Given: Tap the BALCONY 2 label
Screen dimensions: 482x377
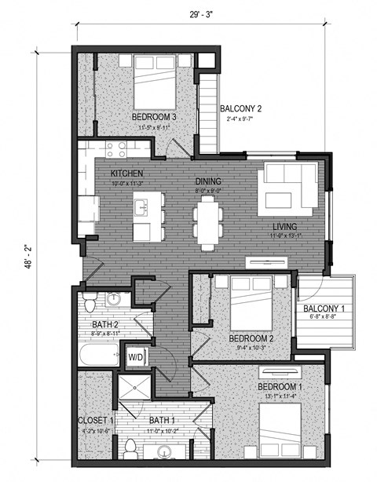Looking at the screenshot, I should coord(240,109).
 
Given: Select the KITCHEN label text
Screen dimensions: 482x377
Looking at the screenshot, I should coord(126,173).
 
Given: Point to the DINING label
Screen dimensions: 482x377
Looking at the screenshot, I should coord(209,180).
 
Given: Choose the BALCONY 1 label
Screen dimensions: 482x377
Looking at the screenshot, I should coord(324,309).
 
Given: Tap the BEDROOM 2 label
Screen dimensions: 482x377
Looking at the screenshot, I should coord(251,338).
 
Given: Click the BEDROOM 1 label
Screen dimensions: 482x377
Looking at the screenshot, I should coord(280,387).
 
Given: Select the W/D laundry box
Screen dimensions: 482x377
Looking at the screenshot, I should coord(136,357).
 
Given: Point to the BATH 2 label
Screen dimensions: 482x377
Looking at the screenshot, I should coord(104,324).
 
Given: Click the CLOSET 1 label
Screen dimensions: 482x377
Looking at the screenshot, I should coord(96,421).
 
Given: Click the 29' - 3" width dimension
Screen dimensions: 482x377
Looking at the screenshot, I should coord(201,13).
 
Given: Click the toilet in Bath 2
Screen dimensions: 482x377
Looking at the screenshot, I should coord(90,302).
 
